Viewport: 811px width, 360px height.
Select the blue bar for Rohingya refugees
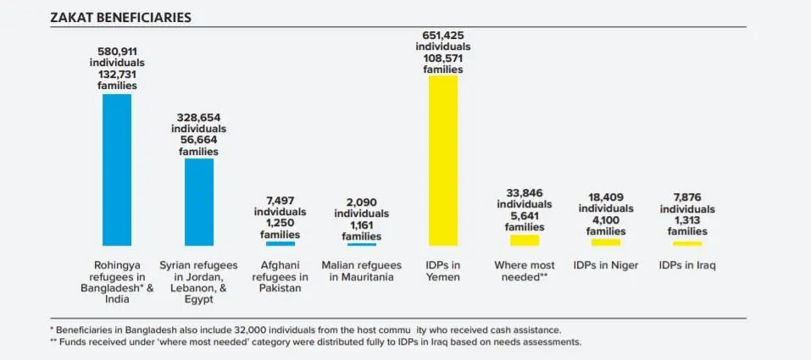(x=117, y=169)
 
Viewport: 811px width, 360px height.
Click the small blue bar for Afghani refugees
(x=281, y=244)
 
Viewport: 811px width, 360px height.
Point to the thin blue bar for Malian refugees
(x=361, y=244)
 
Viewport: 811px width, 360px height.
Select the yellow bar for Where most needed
(x=524, y=240)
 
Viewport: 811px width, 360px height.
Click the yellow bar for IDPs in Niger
(x=605, y=241)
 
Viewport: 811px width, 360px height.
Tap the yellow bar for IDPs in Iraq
(x=687, y=243)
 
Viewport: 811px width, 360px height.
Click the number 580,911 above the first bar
(x=117, y=52)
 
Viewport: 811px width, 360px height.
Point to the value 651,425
(x=443, y=35)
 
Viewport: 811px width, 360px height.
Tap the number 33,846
(x=524, y=192)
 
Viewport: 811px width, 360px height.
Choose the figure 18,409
(x=605, y=197)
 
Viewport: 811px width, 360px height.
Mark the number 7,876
(x=687, y=197)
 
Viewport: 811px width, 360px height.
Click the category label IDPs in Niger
(x=605, y=266)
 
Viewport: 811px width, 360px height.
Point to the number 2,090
(x=361, y=202)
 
